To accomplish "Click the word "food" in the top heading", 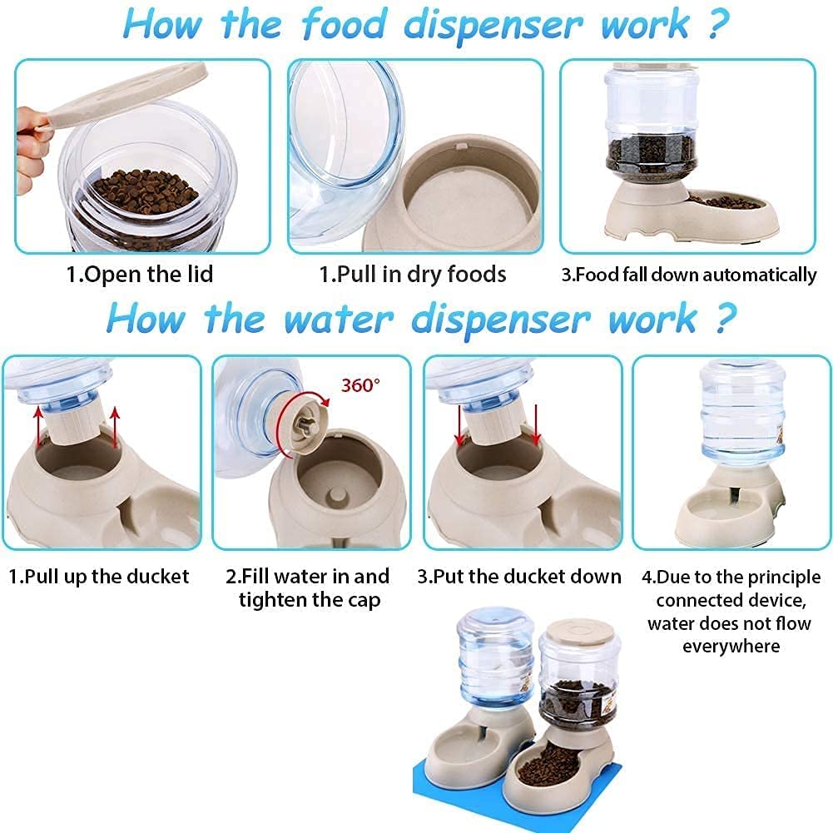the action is pos(344,24).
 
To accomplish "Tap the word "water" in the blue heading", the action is pos(339,320).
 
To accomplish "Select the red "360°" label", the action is pos(360,384).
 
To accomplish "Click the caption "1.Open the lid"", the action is pos(139,275).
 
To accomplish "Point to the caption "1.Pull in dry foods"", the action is pos(412,275).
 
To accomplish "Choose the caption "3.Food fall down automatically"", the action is pos(689,275).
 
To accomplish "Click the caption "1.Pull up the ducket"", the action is pos(99,577).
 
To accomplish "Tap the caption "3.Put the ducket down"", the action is pos(519,577).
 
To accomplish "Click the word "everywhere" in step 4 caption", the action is pos(731,647).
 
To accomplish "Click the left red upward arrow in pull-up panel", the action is pos(38,427).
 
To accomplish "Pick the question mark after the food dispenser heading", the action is pos(719,24).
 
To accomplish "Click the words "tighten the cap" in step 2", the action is pos(310,600).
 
